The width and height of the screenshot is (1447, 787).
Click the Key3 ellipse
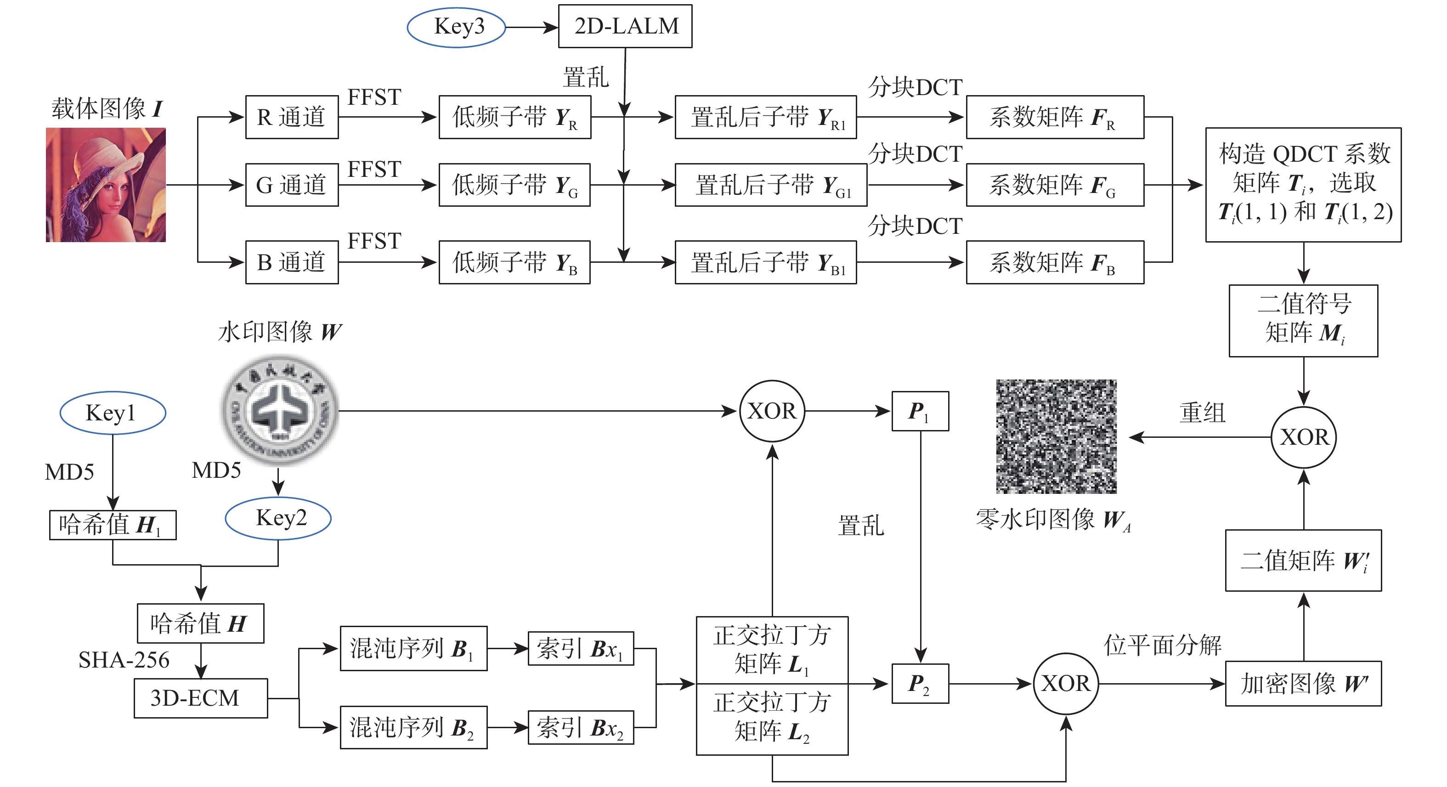coord(456,27)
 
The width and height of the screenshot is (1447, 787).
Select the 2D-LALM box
coord(625,26)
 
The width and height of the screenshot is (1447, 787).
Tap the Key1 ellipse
coord(113,413)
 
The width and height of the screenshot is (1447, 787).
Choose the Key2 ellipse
coord(278,518)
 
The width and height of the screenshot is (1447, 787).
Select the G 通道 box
coord(292,185)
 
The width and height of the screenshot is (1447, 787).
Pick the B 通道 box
coord(292,262)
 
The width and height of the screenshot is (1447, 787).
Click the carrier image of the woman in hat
coord(106,185)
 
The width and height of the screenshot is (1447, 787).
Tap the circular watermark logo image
coord(280,410)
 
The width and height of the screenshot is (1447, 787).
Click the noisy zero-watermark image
coord(1056,436)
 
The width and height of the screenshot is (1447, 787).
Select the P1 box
coord(920,411)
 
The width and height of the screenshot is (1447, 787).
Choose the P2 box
coord(920,684)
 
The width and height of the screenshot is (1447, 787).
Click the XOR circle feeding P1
coord(772,411)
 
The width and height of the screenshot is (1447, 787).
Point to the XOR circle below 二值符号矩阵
coord(1303,437)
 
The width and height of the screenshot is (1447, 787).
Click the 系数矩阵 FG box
coord(1054,185)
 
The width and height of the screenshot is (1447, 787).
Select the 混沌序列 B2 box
coord(413,727)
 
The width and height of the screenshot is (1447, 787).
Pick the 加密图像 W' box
coord(1303,684)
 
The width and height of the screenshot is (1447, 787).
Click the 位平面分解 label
coord(1162,645)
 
